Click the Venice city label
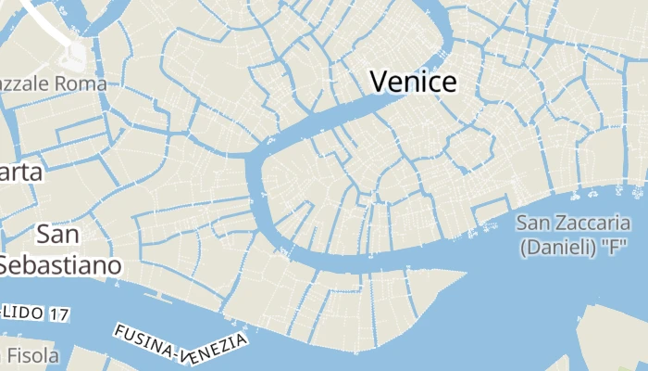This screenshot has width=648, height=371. (x=413, y=82)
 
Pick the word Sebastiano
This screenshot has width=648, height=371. (x=60, y=265)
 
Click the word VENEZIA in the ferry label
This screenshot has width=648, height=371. (x=216, y=349)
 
